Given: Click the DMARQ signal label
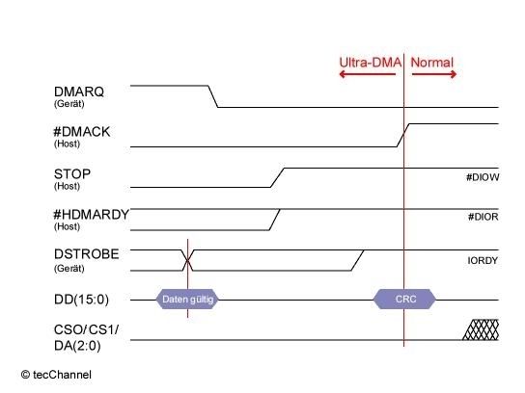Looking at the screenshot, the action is (x=79, y=92).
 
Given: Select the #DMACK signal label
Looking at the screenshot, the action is (x=82, y=132).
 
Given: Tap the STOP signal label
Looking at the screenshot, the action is (x=72, y=173).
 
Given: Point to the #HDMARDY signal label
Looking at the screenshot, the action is (x=92, y=214).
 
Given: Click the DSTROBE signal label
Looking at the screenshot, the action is (x=87, y=254).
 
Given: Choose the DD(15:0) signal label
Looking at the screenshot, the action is (x=81, y=300).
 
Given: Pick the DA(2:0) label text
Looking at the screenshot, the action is (x=77, y=346).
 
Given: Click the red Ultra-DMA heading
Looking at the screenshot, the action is (x=370, y=63).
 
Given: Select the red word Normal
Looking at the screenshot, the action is (x=432, y=63).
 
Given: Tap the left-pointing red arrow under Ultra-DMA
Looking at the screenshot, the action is (x=368, y=74).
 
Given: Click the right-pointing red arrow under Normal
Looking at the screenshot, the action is (x=434, y=74).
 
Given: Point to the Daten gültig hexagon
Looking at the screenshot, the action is (x=187, y=300).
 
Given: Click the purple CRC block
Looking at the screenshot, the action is (x=404, y=300).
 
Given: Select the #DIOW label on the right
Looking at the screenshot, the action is (x=483, y=177).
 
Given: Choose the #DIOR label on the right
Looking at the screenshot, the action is (x=484, y=217).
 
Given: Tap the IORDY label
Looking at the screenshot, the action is (x=483, y=260).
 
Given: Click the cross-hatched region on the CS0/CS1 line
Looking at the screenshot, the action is (x=482, y=329).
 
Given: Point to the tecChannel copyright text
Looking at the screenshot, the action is (x=56, y=375).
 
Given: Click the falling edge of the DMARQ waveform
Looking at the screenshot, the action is (x=213, y=96).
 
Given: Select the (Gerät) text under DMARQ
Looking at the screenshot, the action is (x=69, y=104).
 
